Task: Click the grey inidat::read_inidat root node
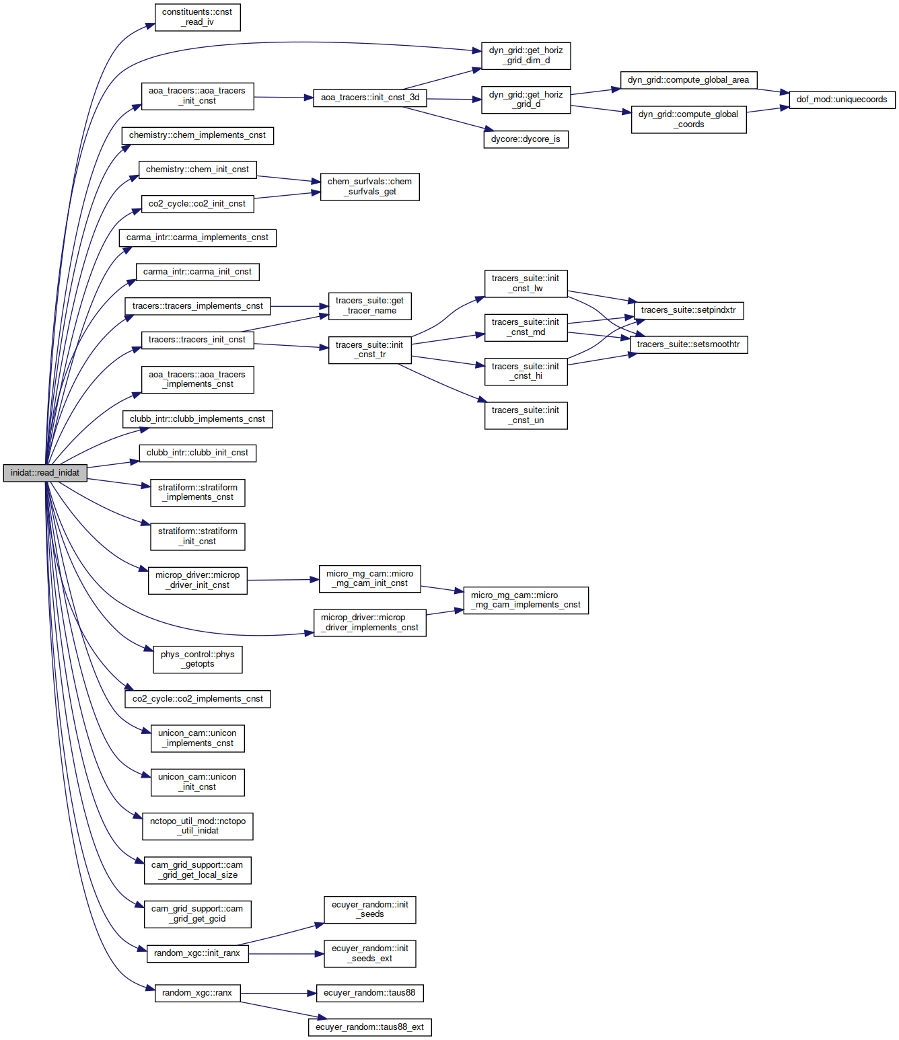(45, 472)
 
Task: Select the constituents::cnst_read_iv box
(197, 17)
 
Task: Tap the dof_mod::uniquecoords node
(842, 100)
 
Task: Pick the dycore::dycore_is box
(526, 139)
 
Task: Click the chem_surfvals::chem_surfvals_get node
(369, 186)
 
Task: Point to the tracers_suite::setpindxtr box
(688, 310)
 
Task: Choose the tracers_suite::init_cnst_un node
(526, 416)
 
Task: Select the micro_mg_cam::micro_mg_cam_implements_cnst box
(526, 600)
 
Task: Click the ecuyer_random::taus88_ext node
(369, 1027)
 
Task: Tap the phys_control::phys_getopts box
(197, 659)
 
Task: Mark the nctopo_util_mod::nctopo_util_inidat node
(197, 826)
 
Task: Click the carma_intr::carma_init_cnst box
(197, 272)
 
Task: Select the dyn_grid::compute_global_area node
(688, 80)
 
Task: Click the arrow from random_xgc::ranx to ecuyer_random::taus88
(278, 993)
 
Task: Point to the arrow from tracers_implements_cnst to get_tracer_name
(299, 306)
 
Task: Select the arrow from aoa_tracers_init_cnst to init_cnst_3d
(283, 97)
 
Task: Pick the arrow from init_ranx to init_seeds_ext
(286, 953)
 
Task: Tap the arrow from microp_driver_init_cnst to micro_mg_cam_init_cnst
(283, 580)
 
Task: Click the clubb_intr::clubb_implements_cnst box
(197, 419)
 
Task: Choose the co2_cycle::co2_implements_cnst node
(197, 699)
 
